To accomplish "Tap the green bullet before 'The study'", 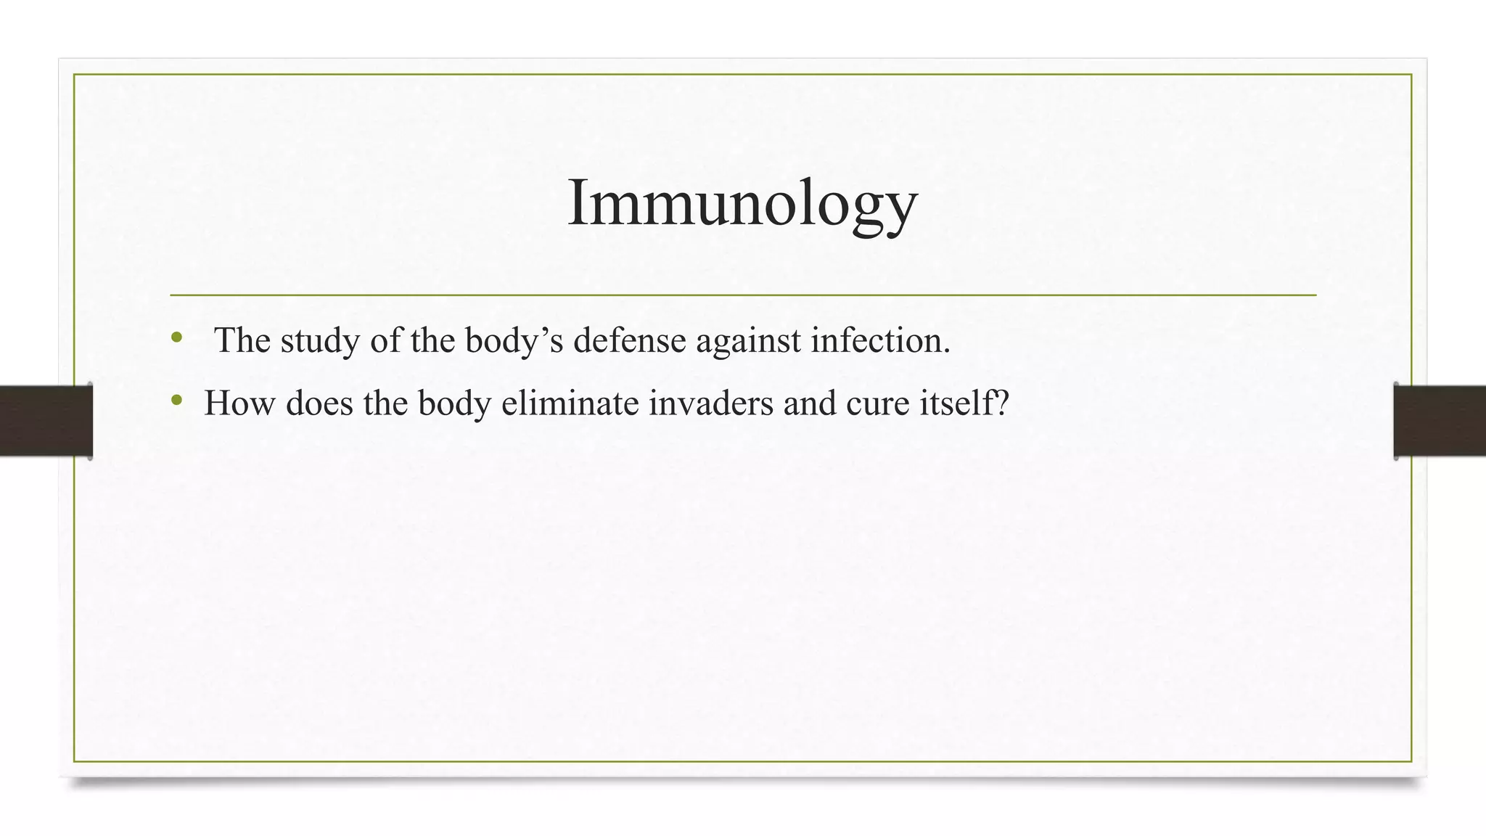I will click(176, 337).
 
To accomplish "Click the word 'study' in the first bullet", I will click(320, 340).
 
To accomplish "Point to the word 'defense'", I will click(629, 340).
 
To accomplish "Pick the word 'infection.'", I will click(880, 340).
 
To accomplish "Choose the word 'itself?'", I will click(964, 403).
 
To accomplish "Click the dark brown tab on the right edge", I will click(1440, 421).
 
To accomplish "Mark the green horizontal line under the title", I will click(742, 295).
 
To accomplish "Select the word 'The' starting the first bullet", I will click(242, 340).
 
